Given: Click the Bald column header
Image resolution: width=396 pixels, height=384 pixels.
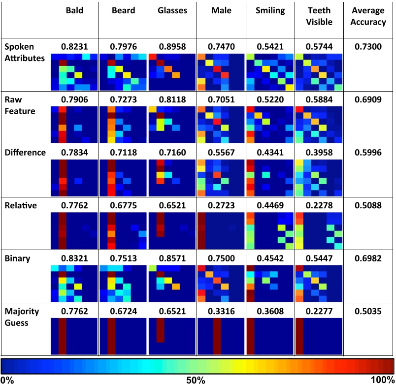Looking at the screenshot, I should [74, 11].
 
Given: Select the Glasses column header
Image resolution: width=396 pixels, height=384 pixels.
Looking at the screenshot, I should [172, 11].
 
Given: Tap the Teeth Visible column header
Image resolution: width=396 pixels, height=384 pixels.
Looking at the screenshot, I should [319, 16].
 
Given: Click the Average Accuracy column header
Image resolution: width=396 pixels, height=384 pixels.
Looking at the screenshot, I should [368, 16].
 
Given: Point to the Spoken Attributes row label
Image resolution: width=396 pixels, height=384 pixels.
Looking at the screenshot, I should [25, 52].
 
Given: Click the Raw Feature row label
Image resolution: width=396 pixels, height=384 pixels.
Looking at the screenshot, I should [20, 105].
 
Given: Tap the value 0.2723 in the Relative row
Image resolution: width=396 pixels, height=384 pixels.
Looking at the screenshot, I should [221, 205].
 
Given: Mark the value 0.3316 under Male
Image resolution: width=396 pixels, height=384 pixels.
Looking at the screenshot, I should [221, 312].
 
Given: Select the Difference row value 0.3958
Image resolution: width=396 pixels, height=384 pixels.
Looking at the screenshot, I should [319, 153].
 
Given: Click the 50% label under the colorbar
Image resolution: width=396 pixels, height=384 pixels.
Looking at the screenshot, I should [196, 380].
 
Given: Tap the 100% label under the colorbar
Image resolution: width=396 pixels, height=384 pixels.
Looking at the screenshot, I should [382, 380].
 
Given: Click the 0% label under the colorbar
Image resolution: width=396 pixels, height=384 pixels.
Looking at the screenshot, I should [7, 380].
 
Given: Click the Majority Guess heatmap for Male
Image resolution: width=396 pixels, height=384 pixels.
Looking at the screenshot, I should [221, 336].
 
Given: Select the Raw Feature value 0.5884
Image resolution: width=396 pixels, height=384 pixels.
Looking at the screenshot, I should [319, 99].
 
